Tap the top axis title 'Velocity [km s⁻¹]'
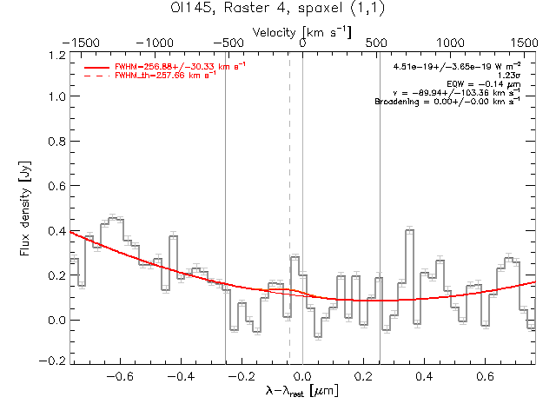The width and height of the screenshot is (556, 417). click(x=302, y=32)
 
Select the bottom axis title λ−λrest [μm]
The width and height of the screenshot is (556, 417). click(x=302, y=392)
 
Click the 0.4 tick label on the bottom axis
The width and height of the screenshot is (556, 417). click(x=425, y=377)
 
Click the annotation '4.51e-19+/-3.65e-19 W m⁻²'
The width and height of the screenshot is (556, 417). click(x=457, y=66)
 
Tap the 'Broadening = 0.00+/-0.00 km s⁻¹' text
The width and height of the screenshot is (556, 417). click(x=447, y=101)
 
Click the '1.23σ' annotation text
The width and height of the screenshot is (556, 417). click(x=508, y=75)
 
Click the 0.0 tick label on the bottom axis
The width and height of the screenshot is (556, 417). click(x=302, y=377)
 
